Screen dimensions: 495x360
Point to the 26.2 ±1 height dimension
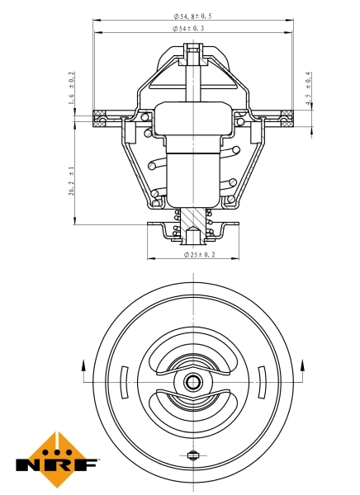[x=72, y=180]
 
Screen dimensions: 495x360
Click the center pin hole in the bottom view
[x=193, y=382]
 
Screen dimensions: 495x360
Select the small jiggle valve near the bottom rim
[x=193, y=455]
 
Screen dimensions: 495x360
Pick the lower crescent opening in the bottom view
[x=193, y=408]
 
